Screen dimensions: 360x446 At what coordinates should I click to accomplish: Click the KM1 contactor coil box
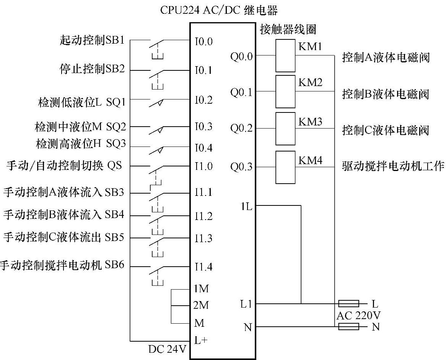pyautogui.click(x=285, y=55)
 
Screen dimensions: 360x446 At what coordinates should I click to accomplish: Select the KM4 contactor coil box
pyautogui.click(x=285, y=167)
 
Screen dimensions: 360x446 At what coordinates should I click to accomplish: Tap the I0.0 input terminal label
pyautogui.click(x=203, y=41)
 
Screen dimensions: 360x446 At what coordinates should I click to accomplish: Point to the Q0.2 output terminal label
pyautogui.click(x=241, y=128)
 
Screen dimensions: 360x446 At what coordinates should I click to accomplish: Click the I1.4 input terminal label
pyautogui.click(x=203, y=267)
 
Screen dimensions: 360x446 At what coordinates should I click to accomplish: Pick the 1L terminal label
pyautogui.click(x=246, y=207)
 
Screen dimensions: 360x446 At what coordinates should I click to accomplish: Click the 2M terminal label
pyautogui.click(x=201, y=305)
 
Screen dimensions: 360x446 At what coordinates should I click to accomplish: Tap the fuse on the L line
pyautogui.click(x=348, y=304)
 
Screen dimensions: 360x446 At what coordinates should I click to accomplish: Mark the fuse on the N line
pyautogui.click(x=348, y=326)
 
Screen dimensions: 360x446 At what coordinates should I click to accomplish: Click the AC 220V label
pyautogui.click(x=358, y=316)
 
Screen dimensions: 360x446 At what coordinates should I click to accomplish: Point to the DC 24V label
pyautogui.click(x=167, y=349)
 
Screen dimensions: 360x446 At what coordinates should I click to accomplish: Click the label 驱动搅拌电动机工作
pyautogui.click(x=393, y=166)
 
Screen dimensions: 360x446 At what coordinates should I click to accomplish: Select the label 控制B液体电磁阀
pyautogui.click(x=386, y=94)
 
